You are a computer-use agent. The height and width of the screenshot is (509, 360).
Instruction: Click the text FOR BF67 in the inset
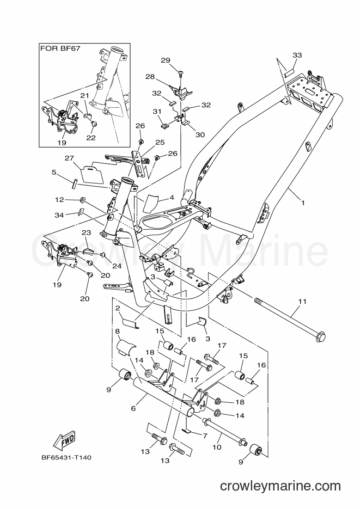tap(60, 48)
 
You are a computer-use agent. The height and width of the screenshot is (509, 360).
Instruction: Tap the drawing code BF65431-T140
tap(66, 458)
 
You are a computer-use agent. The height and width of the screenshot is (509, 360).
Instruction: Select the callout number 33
tap(297, 55)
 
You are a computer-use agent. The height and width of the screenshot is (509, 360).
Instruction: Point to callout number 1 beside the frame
tap(303, 203)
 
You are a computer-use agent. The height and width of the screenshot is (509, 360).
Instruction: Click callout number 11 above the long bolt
tap(302, 302)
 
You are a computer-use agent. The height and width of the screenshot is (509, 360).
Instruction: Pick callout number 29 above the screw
tap(175, 60)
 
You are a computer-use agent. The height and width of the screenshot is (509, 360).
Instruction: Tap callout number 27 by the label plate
tap(69, 158)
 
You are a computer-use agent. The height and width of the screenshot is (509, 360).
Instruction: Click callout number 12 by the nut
tap(59, 200)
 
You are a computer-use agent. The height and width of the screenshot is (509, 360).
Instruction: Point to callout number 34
tap(59, 214)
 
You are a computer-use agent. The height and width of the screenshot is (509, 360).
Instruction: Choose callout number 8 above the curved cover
tap(118, 330)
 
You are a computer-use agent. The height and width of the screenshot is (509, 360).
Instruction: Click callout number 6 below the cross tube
tap(133, 408)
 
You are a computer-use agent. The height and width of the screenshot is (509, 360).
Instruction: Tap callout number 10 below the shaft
tap(217, 447)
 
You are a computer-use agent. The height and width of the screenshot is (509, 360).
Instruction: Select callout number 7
tap(205, 436)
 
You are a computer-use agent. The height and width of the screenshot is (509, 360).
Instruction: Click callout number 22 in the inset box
tap(91, 137)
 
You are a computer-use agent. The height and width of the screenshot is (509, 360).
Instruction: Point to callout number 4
tap(172, 198)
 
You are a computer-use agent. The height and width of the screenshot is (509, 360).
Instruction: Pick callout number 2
tap(118, 308)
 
